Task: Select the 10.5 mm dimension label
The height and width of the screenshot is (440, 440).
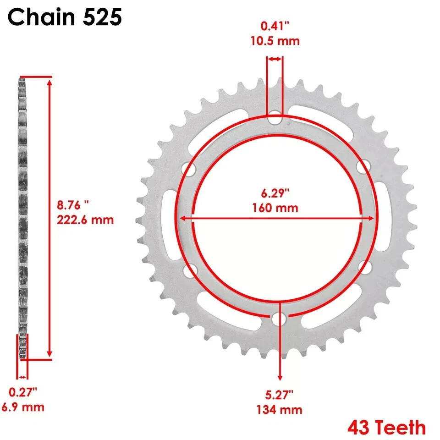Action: (275, 41)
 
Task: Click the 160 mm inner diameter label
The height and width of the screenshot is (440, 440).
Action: (275, 208)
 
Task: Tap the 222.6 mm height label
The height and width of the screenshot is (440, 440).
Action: (85, 219)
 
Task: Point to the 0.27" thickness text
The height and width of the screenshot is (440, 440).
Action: (23, 393)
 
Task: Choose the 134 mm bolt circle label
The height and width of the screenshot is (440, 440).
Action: (280, 409)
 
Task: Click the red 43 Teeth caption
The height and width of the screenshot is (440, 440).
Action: (386, 428)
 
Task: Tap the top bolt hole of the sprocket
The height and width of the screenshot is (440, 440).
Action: (275, 118)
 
